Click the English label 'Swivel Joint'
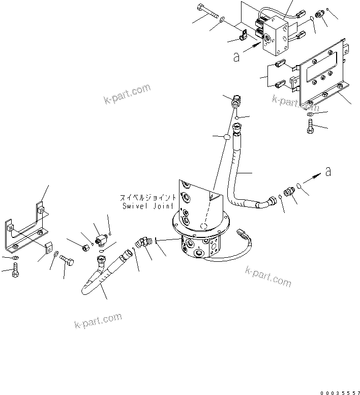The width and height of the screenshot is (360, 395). click(148, 206)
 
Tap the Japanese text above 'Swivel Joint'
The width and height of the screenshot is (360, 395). click(148, 197)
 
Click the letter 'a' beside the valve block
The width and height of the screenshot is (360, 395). click(236, 57)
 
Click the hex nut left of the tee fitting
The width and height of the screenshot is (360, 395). click(86, 247)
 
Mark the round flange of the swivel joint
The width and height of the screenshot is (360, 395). click(198, 224)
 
